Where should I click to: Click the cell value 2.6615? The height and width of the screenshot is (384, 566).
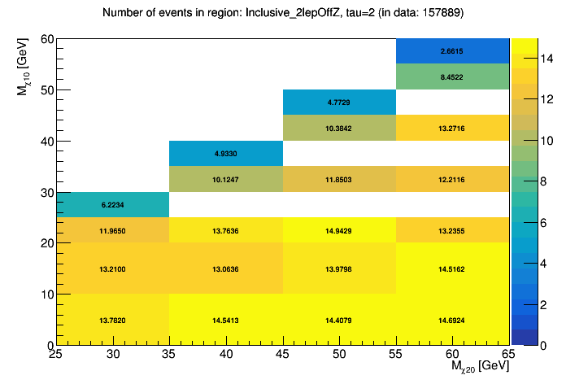click(452, 50)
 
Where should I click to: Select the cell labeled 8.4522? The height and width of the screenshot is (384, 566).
click(452, 76)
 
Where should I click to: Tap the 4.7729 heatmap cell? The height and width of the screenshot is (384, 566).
click(339, 103)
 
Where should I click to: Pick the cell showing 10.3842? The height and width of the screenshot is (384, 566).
click(339, 128)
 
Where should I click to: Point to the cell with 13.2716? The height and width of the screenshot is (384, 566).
click(452, 128)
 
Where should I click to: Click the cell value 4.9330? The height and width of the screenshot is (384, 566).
click(225, 153)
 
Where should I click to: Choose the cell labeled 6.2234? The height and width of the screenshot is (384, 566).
click(112, 205)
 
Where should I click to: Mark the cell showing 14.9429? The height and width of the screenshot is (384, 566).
click(339, 230)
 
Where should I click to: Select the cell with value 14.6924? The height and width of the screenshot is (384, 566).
click(452, 320)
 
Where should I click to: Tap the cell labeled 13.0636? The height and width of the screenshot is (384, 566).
click(225, 268)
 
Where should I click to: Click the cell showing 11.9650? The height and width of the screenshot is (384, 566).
click(112, 230)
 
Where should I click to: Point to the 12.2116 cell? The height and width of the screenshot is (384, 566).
click(452, 179)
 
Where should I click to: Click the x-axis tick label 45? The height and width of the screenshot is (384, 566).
click(283, 356)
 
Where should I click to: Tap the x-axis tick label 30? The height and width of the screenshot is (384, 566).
click(112, 356)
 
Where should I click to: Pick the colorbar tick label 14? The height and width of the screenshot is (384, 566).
click(538, 56)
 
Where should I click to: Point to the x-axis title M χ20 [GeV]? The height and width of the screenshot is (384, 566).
click(481, 369)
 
